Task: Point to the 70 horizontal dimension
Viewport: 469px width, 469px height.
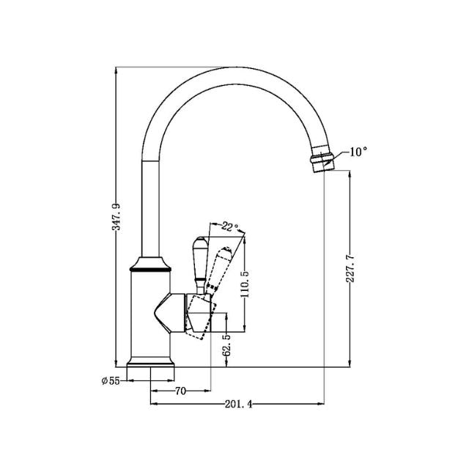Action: coord(181,391)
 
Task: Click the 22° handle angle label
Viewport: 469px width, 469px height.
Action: coord(229,228)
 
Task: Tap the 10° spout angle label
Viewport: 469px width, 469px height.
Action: coord(358,152)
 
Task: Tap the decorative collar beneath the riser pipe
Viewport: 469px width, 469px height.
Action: coord(152,266)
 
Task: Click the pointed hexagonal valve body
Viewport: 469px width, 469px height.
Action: coord(173,311)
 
